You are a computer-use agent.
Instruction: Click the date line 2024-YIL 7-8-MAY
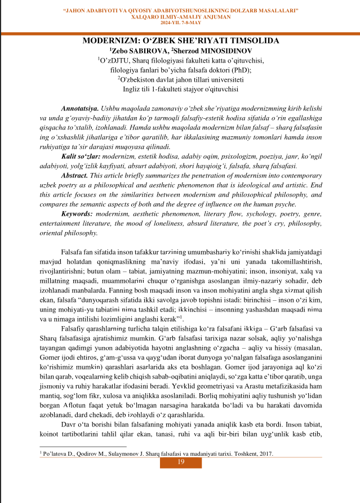click(x=180, y=23)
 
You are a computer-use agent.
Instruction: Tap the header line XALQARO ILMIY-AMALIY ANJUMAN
click(x=180, y=16)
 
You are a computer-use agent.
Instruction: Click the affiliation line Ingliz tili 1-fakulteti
click(x=180, y=88)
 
